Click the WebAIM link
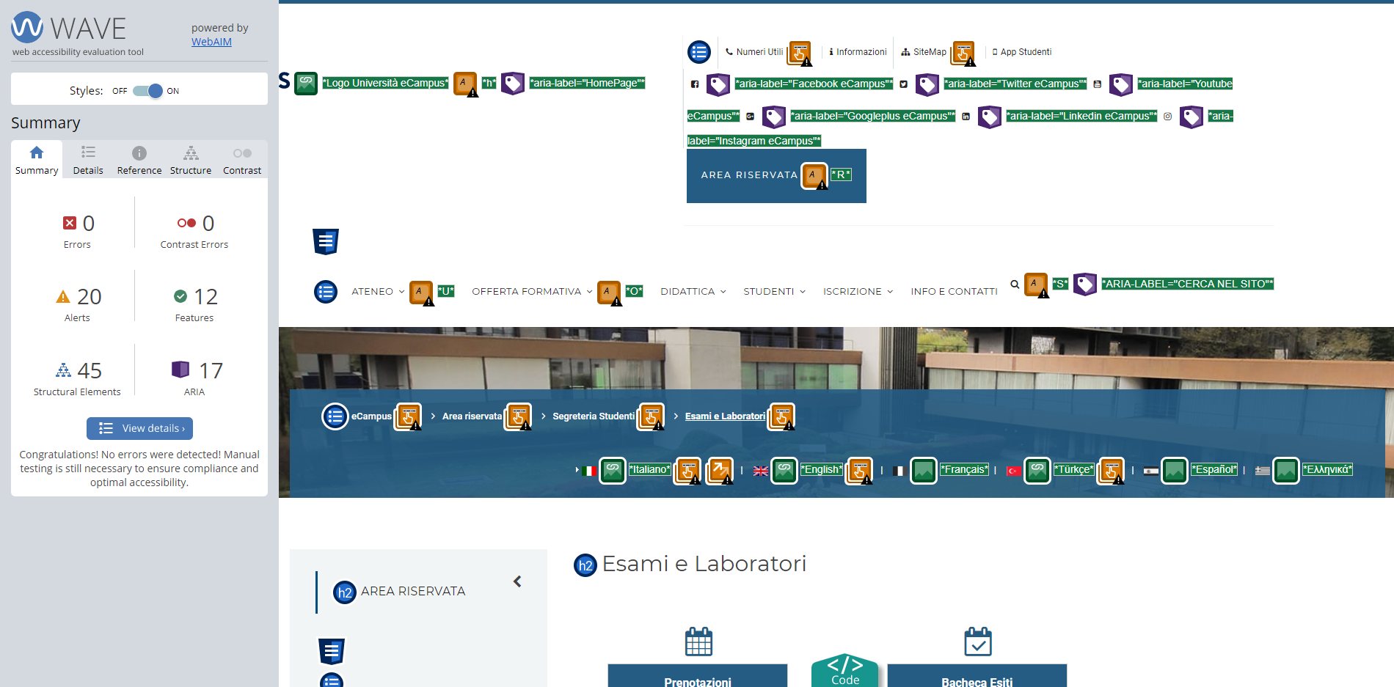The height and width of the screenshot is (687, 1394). click(x=211, y=42)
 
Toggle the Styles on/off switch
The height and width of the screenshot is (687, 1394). click(x=148, y=91)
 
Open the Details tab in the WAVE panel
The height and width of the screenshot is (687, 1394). click(x=88, y=160)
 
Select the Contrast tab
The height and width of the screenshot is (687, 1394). click(x=242, y=160)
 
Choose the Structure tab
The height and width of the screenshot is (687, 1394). click(x=191, y=160)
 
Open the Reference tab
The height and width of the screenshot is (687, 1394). click(x=139, y=160)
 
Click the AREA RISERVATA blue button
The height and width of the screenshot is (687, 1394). click(x=776, y=175)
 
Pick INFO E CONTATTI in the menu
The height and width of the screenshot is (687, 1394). click(x=954, y=291)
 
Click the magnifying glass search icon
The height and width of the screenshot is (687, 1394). click(x=1015, y=284)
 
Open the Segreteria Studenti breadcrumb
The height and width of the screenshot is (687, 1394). click(x=594, y=416)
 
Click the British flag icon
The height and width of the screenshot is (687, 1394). click(x=761, y=471)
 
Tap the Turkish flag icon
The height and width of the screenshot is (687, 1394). click(x=1014, y=471)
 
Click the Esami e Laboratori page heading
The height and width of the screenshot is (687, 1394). click(x=704, y=564)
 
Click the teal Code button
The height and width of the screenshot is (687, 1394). click(x=845, y=670)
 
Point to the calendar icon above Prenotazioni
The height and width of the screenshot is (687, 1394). click(x=698, y=642)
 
